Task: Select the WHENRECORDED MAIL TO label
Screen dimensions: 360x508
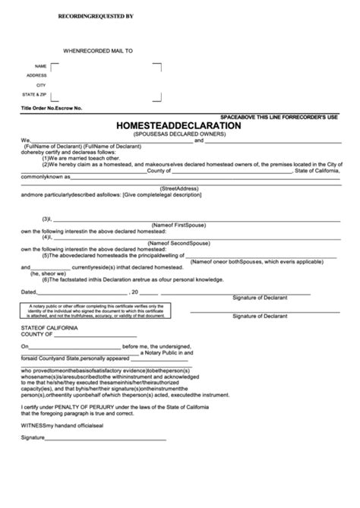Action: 97,50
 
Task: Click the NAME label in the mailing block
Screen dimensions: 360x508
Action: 41,66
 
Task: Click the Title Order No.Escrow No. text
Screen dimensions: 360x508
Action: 52,109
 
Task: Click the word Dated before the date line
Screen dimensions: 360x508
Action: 28,290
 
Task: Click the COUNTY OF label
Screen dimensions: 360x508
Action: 36,334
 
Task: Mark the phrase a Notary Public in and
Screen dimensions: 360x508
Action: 169,354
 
